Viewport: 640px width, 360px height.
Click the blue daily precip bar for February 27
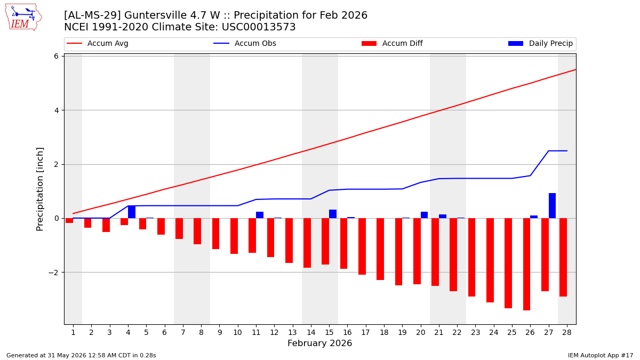[x=552, y=206]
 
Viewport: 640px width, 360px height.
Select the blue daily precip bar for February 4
[x=132, y=212]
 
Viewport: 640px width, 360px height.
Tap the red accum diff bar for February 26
[x=526, y=265]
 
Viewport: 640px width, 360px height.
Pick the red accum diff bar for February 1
[x=69, y=221]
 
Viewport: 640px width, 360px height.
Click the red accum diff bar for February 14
[x=307, y=243]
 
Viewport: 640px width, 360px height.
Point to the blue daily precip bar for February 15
[x=333, y=214]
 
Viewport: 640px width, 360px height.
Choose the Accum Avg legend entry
[x=98, y=43]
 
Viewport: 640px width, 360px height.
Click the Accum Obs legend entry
[x=245, y=43]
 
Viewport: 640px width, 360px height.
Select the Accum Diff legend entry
[x=392, y=43]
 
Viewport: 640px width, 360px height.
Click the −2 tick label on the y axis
[x=53, y=273]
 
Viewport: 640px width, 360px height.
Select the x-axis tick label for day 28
[x=567, y=333]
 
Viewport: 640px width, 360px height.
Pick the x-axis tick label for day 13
[x=293, y=333]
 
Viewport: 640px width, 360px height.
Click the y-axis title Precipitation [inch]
[x=39, y=189]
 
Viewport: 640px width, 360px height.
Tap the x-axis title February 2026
[x=319, y=343]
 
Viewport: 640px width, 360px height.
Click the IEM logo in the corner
[x=23, y=18]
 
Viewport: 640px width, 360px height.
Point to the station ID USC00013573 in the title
[x=259, y=27]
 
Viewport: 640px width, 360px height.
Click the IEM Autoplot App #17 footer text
[x=601, y=355]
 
